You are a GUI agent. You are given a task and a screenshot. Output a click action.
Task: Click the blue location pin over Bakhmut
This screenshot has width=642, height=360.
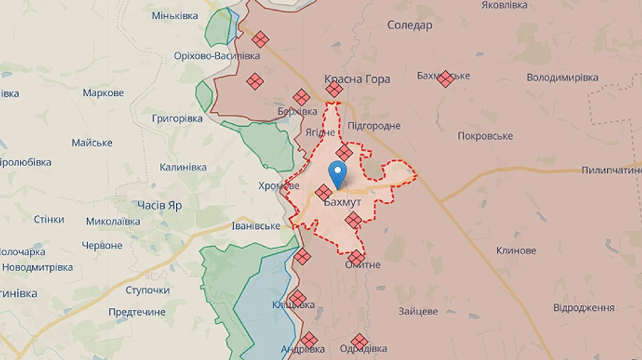337,173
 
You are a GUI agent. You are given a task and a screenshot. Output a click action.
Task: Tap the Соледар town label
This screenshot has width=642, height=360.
409,26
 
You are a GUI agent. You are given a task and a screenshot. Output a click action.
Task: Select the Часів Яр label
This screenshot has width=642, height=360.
159,205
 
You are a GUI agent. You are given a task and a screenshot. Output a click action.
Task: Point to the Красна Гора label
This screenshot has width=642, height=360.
357,79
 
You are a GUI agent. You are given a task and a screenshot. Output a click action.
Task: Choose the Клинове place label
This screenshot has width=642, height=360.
516,250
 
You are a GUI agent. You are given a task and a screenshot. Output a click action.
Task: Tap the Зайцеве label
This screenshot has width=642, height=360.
418,311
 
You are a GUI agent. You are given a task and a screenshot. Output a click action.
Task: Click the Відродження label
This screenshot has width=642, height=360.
584,307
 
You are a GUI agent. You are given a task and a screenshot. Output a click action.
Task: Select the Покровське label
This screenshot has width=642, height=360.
485,136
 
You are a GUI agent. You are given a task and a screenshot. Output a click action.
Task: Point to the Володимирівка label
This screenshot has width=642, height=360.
562,77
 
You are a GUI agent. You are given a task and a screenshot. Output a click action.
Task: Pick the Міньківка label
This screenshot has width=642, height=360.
175,16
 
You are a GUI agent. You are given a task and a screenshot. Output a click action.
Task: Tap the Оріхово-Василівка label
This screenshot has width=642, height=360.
218,56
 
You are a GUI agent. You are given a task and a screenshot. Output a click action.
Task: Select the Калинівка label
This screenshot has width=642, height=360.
183,168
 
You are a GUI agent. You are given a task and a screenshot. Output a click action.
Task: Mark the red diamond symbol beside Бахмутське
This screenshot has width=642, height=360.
446,78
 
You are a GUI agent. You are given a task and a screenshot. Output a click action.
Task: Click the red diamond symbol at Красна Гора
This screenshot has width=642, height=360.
334,89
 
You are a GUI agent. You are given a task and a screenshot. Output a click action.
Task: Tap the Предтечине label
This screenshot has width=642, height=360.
137,312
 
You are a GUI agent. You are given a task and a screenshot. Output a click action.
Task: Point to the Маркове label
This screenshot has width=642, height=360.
103,93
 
